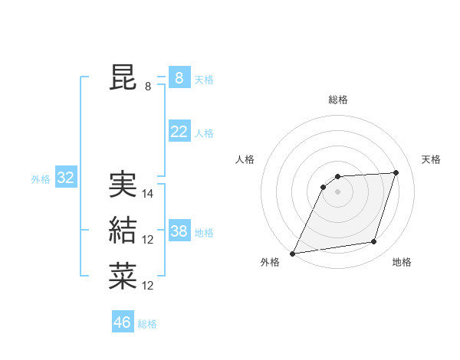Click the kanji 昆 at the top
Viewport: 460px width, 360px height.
point(123,78)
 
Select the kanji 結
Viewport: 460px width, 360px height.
point(123,231)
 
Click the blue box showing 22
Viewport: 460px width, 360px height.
point(179,132)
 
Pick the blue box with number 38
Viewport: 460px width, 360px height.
point(179,231)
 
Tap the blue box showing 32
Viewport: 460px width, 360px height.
point(65,178)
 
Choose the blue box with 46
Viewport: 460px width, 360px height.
point(122,322)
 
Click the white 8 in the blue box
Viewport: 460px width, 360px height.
point(179,78)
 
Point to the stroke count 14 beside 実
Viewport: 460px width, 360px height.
point(148,194)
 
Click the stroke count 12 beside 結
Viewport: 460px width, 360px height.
point(148,240)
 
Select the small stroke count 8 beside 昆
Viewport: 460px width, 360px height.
point(148,87)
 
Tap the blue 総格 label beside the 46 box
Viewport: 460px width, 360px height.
point(147,324)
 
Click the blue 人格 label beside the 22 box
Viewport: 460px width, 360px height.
point(204,133)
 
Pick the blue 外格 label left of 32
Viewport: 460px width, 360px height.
point(41,179)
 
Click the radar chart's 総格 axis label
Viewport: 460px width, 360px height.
point(337,100)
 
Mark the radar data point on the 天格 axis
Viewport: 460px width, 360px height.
point(396,172)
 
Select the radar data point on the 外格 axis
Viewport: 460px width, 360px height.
point(292,253)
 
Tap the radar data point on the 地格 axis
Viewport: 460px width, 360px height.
point(373,242)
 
